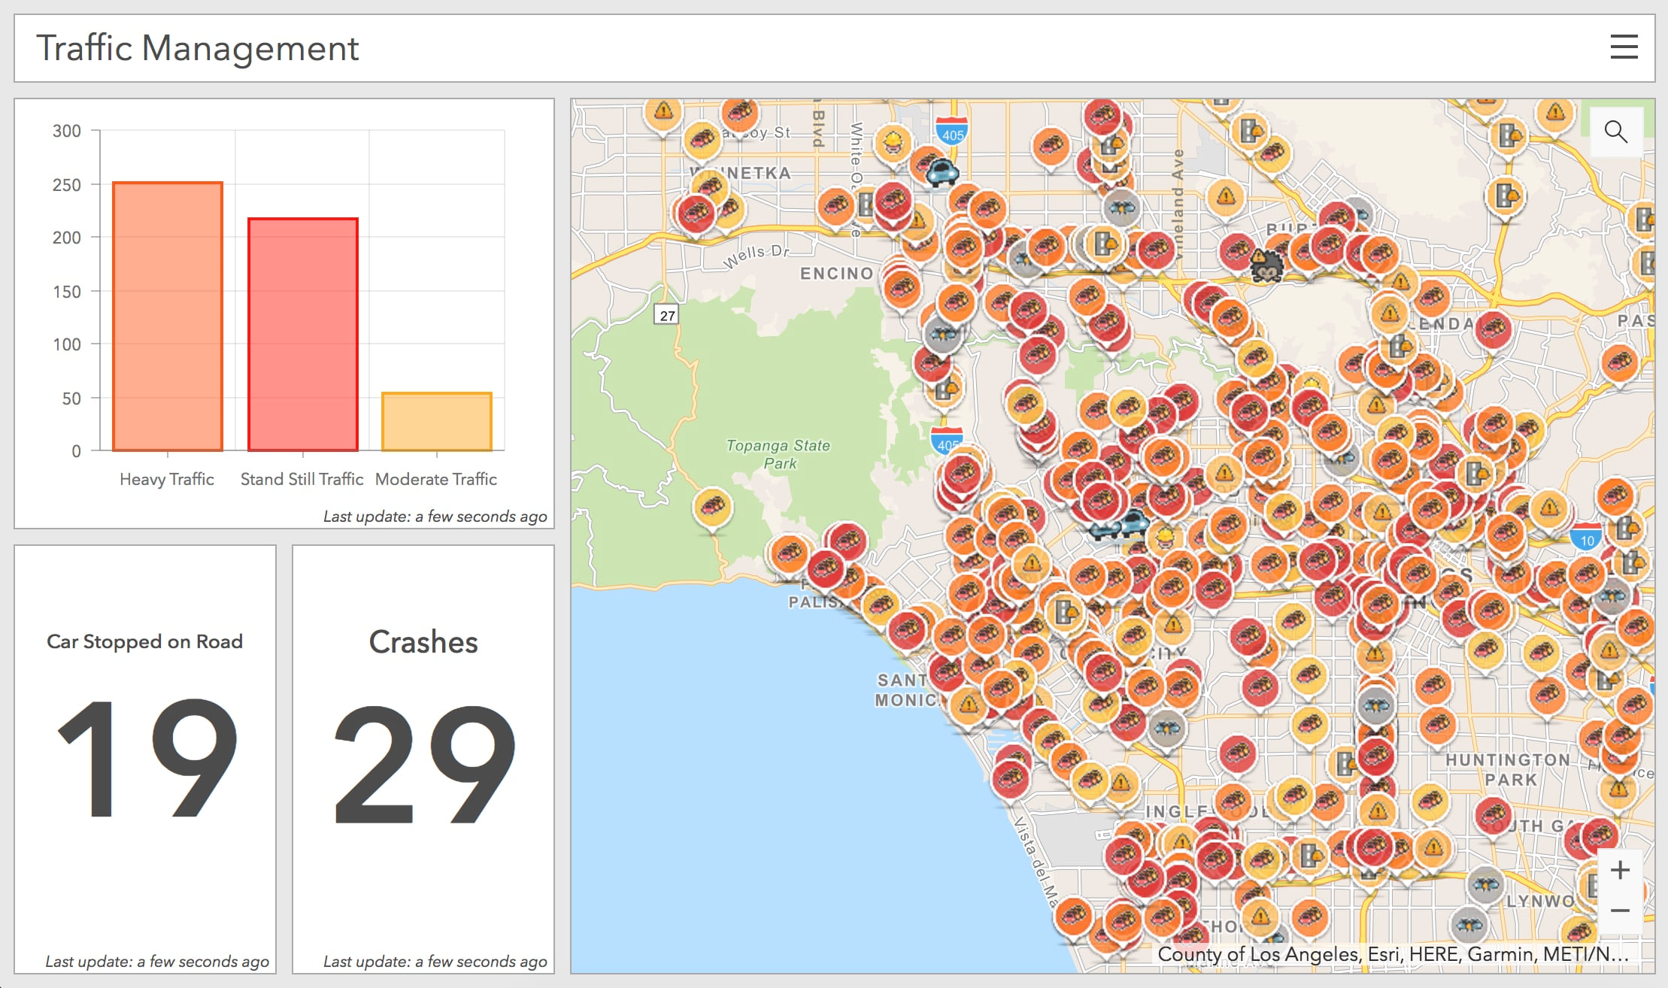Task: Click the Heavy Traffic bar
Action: coord(168,317)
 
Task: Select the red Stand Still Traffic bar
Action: coord(302,335)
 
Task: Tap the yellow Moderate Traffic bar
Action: coord(436,422)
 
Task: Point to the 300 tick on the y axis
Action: coord(67,131)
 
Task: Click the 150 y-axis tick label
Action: coord(67,292)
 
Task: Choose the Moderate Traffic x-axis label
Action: coord(436,479)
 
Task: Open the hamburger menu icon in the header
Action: coord(1624,47)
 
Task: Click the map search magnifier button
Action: coord(1615,132)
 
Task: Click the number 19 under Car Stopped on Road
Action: coord(146,758)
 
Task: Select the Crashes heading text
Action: coord(423,642)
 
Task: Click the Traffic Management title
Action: coord(197,48)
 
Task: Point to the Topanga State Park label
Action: coord(778,454)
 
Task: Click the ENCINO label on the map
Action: coord(836,274)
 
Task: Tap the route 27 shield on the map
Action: coord(667,315)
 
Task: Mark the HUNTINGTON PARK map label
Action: coord(1507,769)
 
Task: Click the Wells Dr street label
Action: coord(756,255)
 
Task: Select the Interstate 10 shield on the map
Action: coord(1587,539)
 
